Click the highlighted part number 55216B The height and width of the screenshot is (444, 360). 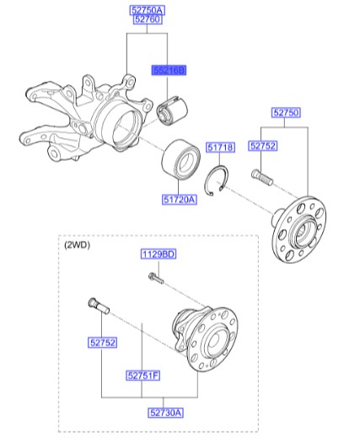(168, 71)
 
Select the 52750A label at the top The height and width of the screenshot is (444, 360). (148, 9)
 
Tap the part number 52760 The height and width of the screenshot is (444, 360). (148, 20)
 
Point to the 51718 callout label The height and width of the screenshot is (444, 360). (220, 148)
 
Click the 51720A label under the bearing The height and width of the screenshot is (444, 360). (179, 200)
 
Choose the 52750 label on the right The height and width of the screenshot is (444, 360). (285, 112)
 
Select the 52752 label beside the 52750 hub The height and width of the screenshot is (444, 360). (262, 146)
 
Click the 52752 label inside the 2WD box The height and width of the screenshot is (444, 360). (103, 342)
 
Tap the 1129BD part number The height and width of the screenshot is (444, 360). (158, 254)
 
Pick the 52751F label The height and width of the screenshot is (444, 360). (143, 376)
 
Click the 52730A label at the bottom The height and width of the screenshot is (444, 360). (167, 411)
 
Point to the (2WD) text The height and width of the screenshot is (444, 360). (77, 245)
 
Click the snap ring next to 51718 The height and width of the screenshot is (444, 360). (220, 180)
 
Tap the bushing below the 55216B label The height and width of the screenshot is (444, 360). (174, 110)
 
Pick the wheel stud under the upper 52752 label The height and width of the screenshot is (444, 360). (262, 178)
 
